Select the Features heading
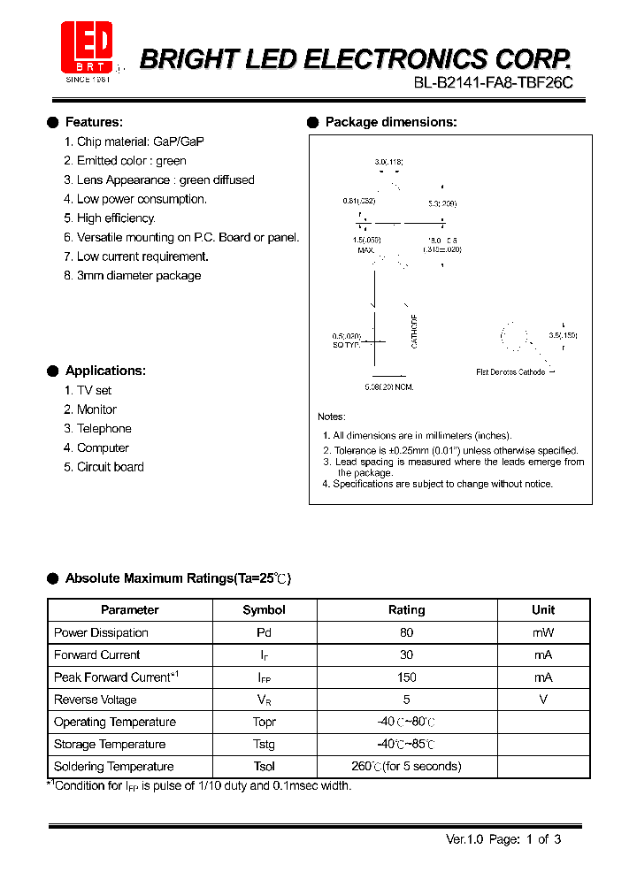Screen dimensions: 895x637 94,122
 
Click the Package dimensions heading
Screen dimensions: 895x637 391,122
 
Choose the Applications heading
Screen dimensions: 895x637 105,371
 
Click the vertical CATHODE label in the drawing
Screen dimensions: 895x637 414,331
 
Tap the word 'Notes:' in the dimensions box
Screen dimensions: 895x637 332,417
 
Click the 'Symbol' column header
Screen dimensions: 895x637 264,610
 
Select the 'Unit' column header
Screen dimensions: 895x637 543,610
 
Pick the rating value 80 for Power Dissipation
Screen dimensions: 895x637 407,632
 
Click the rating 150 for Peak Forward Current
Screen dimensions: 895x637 407,677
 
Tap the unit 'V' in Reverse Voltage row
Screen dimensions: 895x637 543,700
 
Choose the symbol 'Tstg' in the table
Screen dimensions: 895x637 264,745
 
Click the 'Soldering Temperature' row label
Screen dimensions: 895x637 113,767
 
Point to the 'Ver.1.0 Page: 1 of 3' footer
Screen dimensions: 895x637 503,839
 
